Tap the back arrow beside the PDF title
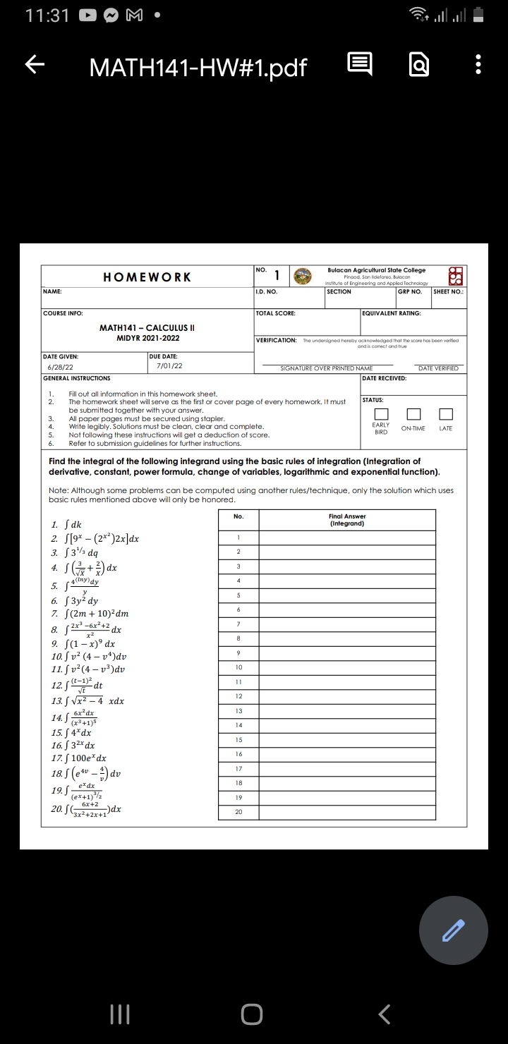pos(31,66)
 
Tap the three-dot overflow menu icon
pos(479,66)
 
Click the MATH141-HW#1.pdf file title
pos(198,67)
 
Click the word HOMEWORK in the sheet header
pos(147,277)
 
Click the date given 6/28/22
pos(59,368)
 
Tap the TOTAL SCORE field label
pos(276,312)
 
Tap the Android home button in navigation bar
pos(252,1014)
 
